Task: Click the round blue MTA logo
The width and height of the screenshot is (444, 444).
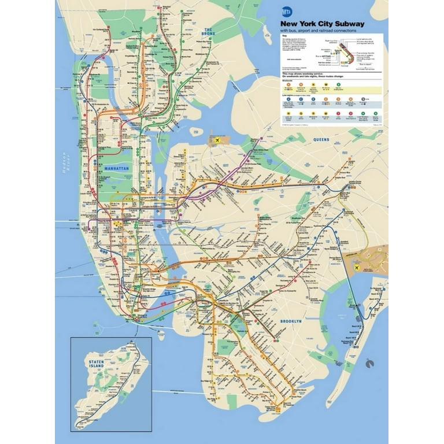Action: point(286,12)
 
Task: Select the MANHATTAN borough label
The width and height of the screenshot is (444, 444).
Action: point(117,167)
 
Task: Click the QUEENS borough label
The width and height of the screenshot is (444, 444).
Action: point(321,140)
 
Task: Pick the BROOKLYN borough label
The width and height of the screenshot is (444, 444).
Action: point(291,321)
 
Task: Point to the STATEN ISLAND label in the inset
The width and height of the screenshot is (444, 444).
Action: point(96,364)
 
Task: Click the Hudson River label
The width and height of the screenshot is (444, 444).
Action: point(65,164)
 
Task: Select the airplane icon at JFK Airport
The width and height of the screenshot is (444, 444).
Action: point(357,268)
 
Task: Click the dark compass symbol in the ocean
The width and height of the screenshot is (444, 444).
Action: point(370,364)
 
